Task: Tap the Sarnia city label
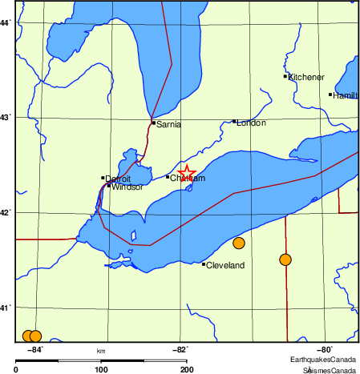tap(169, 124)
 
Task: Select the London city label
tap(251, 123)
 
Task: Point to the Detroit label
tap(118, 179)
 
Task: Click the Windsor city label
tap(127, 187)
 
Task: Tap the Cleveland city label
tap(225, 265)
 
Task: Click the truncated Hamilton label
tap(346, 95)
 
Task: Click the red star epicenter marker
tap(186, 173)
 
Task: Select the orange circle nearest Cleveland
tap(238, 243)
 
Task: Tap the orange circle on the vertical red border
tap(285, 259)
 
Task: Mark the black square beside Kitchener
tap(285, 76)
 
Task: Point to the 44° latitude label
tap(6, 22)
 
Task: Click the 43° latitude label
tap(6, 118)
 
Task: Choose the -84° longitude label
tap(35, 349)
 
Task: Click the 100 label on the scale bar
tap(101, 369)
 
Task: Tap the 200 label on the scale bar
tap(186, 369)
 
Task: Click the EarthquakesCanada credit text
tap(323, 360)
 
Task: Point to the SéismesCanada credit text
tap(329, 369)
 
